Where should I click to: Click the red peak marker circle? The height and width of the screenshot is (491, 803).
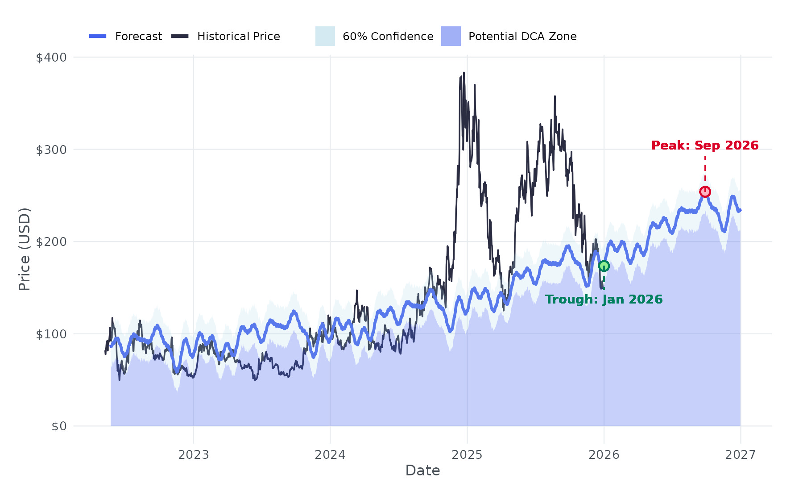705,191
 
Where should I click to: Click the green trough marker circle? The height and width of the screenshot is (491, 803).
604,266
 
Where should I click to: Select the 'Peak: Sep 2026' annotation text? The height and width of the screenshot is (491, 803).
705,146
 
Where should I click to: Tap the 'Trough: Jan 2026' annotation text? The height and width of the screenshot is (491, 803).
604,300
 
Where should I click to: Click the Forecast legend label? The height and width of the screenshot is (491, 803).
138,37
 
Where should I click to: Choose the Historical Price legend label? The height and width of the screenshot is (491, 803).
238,37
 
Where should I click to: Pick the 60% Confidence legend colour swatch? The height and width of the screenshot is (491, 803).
325,36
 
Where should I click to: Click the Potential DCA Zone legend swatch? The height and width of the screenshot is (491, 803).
451,36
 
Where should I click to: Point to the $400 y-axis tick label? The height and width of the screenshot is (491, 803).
51,58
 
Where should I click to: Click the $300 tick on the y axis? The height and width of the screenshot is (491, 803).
51,150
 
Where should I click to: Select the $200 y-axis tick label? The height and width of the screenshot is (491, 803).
51,242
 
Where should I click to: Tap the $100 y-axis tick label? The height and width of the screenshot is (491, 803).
51,334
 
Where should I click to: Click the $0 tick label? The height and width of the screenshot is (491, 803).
59,426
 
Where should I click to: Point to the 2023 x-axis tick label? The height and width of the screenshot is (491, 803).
194,455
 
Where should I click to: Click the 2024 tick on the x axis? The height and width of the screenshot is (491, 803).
330,455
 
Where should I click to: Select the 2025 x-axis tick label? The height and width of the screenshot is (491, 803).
467,455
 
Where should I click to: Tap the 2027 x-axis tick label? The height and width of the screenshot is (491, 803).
741,455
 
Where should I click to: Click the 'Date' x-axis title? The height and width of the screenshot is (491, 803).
422,470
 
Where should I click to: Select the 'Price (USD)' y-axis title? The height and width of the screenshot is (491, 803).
25,249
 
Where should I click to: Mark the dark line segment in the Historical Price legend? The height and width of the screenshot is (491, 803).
180,36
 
